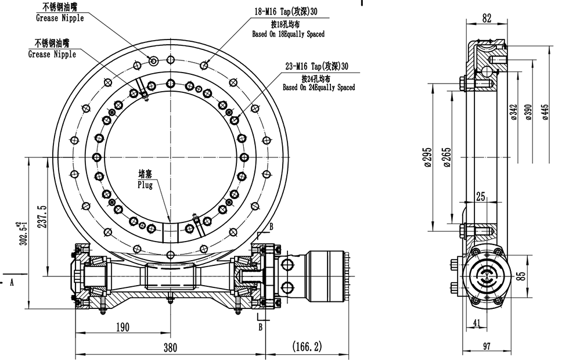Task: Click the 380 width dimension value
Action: tap(170, 347)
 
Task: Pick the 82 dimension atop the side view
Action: tap(487, 19)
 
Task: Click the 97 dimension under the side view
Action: tap(487, 347)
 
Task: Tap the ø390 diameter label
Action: tap(528, 112)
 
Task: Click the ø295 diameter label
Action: tap(428, 157)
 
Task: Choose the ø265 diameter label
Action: tap(446, 157)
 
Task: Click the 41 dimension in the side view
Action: tap(476, 323)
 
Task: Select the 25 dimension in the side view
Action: tap(481, 197)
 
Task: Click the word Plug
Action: tap(145, 185)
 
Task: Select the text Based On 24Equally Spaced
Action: tap(319, 88)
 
